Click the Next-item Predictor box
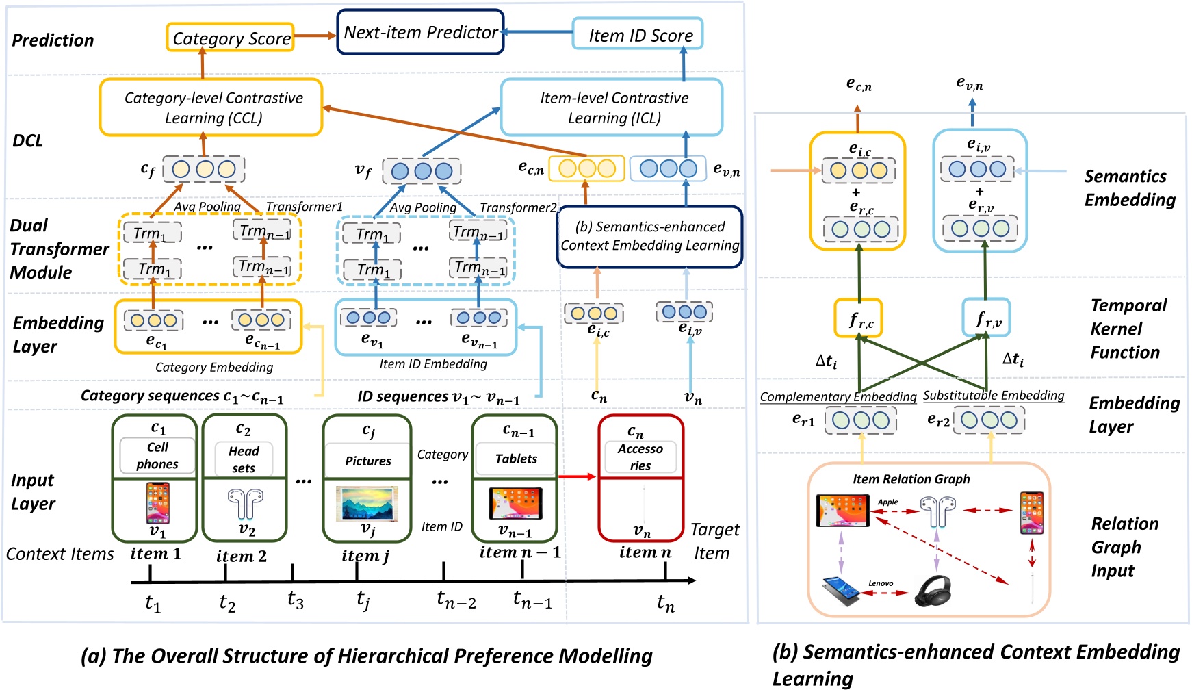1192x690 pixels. [420, 32]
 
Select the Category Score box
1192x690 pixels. [231, 38]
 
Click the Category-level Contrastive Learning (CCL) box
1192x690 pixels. [211, 107]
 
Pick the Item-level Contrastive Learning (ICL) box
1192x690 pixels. [612, 107]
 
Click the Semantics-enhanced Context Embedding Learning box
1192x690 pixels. [649, 236]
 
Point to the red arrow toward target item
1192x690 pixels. [577, 476]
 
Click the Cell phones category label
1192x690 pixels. [157, 455]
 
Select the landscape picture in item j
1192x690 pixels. [367, 503]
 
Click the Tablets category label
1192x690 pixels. [516, 459]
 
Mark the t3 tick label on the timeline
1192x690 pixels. [295, 600]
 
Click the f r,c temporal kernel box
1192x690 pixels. [858, 318]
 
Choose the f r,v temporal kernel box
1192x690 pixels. [986, 318]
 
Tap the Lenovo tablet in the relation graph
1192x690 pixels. [842, 591]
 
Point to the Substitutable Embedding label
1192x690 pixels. [993, 396]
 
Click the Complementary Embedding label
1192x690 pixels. [838, 397]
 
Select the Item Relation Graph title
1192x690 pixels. [911, 479]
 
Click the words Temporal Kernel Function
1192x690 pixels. [1128, 329]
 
